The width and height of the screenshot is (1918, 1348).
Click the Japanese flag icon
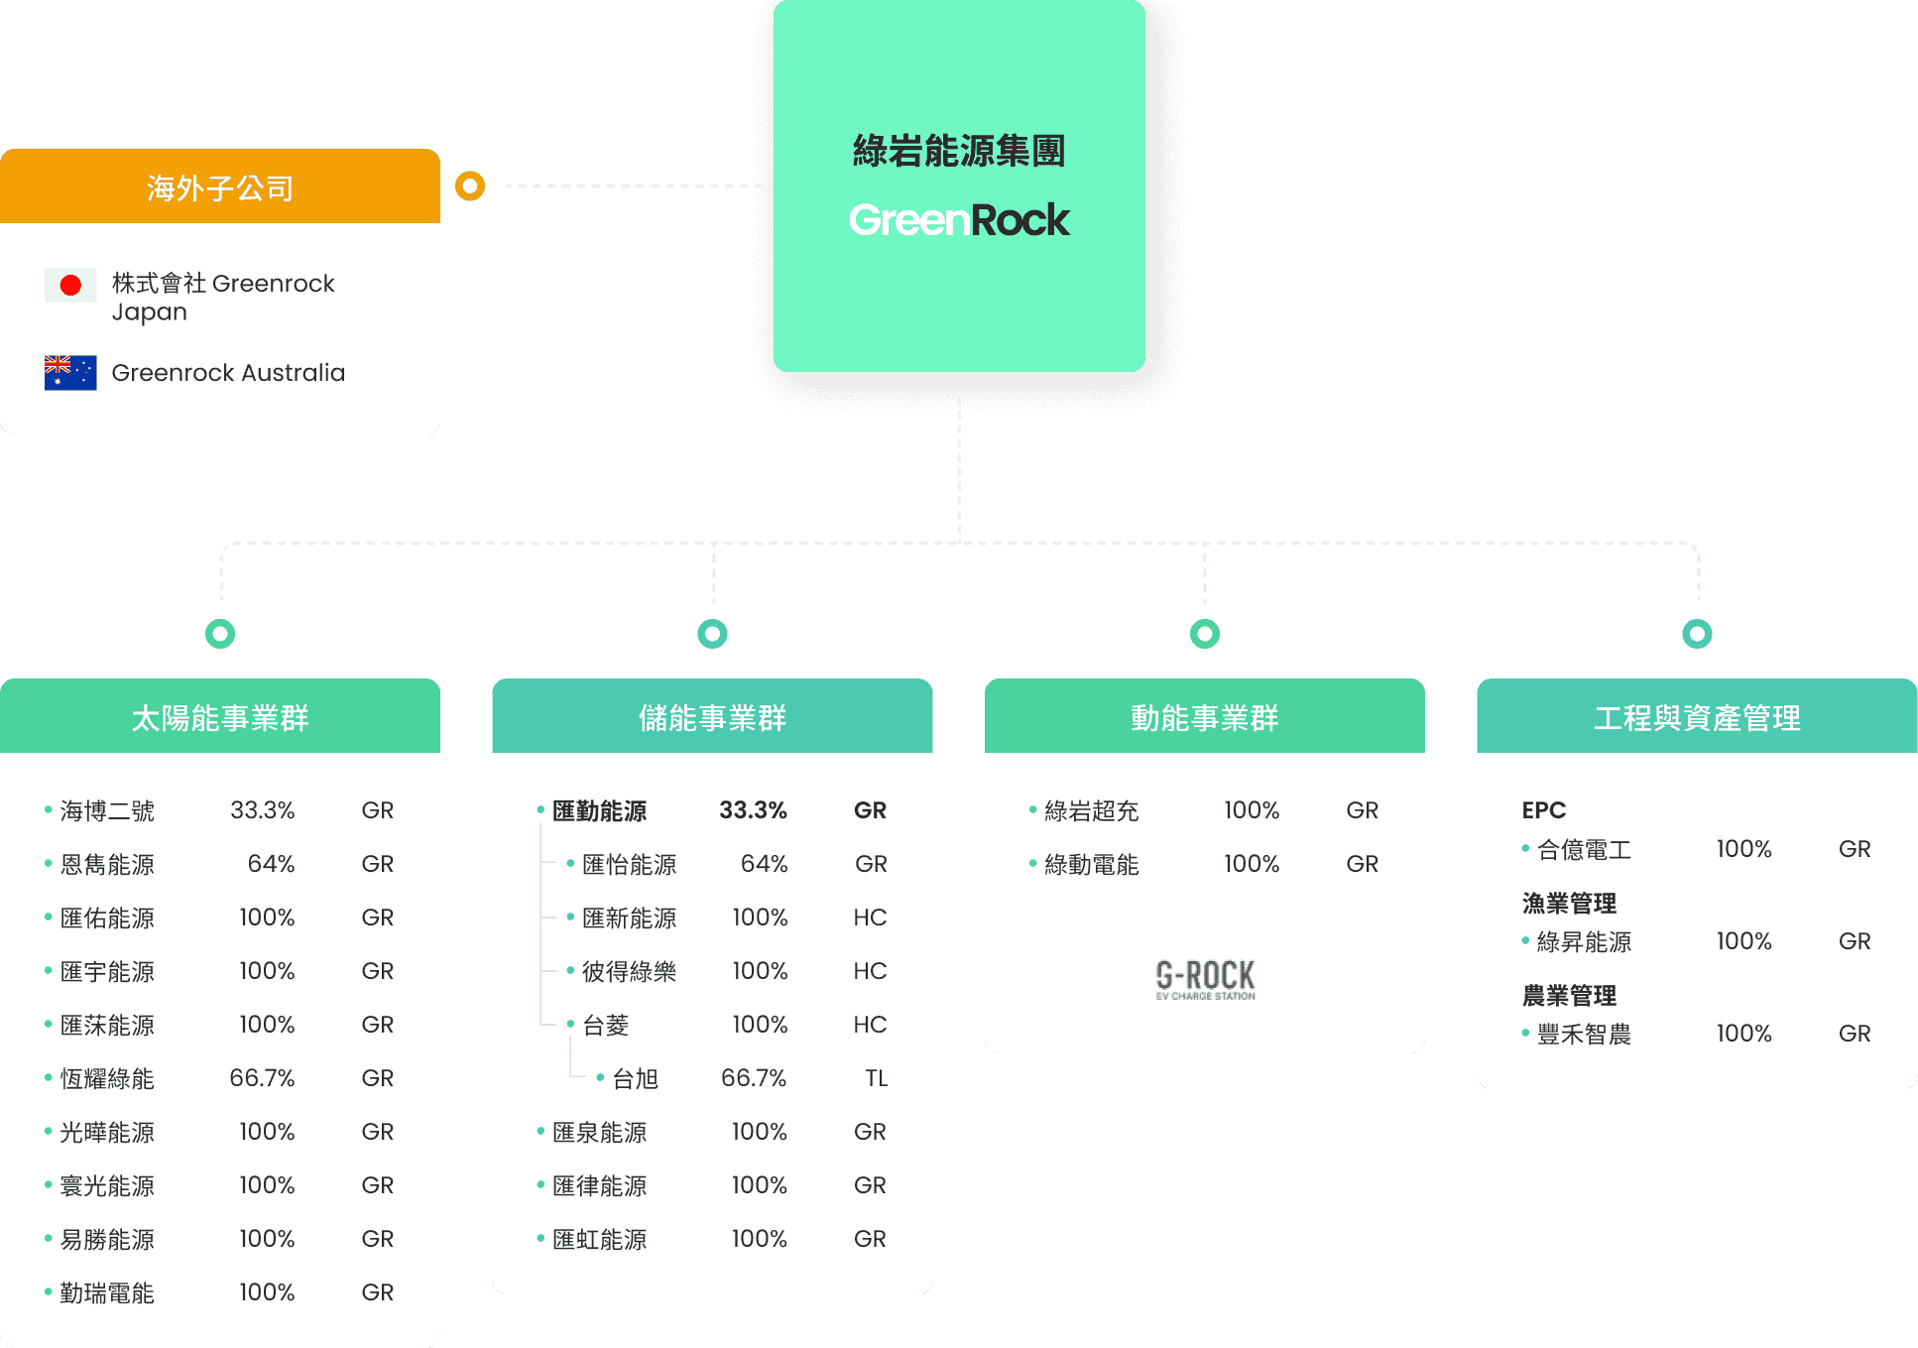point(70,286)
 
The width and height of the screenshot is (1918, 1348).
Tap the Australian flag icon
point(70,373)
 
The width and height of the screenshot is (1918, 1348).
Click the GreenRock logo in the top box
point(959,220)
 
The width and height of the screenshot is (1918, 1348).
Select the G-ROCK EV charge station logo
point(1205,979)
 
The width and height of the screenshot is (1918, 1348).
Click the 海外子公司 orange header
point(220,187)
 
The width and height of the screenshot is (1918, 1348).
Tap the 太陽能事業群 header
point(220,717)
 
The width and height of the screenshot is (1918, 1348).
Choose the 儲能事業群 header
point(712,717)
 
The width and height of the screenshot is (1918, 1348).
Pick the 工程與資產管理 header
point(1697,717)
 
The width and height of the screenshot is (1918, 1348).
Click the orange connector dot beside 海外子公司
point(470,186)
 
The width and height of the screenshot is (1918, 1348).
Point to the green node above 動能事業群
point(1205,633)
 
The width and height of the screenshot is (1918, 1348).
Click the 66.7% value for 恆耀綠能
point(262,1078)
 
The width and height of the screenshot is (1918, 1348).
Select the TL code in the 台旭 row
point(876,1078)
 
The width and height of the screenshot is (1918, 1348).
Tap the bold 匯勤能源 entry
point(599,810)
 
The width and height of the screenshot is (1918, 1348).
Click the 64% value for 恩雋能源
point(271,864)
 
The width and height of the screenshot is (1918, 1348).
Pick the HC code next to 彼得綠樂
point(870,971)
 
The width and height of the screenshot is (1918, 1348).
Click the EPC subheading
point(1543,810)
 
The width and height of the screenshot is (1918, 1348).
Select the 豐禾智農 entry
point(1584,1034)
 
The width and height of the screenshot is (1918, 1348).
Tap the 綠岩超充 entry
point(1091,810)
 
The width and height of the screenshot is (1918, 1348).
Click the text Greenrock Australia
point(228,373)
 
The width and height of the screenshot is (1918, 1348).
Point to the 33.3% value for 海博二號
point(262,810)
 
